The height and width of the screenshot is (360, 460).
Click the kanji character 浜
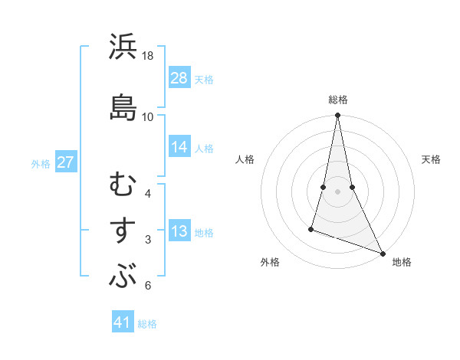123,47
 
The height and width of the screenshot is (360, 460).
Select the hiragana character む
123,185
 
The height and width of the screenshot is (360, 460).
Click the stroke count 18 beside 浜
148,56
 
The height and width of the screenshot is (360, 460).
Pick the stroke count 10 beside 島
148,116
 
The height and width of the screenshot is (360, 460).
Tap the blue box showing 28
179,79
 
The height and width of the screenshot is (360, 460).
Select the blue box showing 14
179,148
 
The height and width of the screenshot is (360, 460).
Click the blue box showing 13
179,232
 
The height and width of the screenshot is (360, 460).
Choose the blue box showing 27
66,163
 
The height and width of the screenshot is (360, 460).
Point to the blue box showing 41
123,323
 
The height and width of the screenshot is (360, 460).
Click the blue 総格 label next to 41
147,324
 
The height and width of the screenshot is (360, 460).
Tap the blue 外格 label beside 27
41,164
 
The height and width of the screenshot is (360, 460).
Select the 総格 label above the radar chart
338,100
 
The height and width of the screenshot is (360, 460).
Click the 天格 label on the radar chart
431,159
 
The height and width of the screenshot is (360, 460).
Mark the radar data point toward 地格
382,254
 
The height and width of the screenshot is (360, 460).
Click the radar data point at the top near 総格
338,116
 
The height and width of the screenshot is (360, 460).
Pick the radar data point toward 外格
311,228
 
